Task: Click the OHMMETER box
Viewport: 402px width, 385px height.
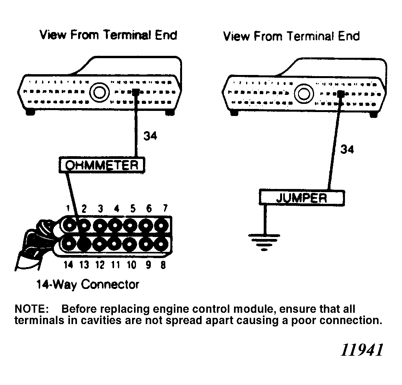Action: (102, 165)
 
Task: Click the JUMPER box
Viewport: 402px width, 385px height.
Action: (301, 198)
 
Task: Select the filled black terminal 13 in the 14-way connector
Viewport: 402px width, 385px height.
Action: (84, 244)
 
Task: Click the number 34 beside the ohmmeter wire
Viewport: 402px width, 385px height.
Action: (150, 136)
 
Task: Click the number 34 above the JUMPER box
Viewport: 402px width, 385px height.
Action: (347, 149)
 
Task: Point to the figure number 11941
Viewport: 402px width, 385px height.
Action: (361, 350)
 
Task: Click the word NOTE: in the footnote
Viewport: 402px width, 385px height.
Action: (31, 309)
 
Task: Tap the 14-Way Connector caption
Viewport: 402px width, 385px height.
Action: (88, 284)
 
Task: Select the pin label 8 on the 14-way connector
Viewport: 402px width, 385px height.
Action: (163, 265)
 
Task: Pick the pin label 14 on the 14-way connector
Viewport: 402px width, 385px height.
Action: (68, 265)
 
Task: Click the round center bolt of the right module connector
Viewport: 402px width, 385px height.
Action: (303, 93)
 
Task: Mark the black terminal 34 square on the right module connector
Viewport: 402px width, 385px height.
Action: (341, 93)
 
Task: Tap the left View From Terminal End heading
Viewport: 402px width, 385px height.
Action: (108, 35)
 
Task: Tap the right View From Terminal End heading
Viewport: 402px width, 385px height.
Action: (291, 36)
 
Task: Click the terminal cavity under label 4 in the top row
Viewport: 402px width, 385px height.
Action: (114, 225)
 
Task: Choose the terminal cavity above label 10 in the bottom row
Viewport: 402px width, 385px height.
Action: (130, 244)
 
